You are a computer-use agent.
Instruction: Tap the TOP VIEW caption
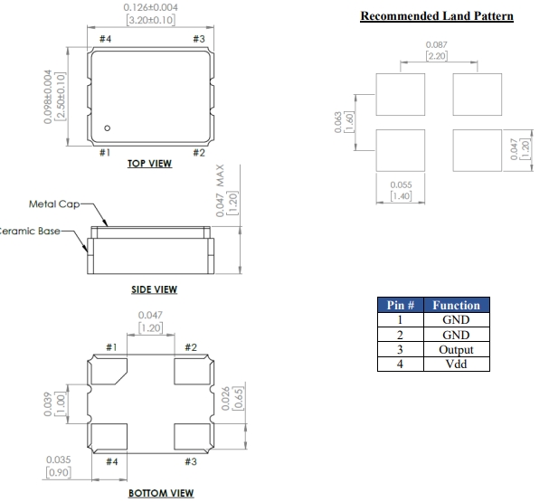(x=151, y=165)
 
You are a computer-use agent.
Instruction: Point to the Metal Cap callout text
(x=57, y=204)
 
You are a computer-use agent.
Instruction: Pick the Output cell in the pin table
(x=458, y=349)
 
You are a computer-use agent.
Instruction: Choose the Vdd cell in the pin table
(x=458, y=364)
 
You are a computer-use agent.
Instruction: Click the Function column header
(x=458, y=306)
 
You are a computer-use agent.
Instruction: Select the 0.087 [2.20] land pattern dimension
(x=437, y=50)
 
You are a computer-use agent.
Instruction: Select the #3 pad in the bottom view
(x=190, y=438)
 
